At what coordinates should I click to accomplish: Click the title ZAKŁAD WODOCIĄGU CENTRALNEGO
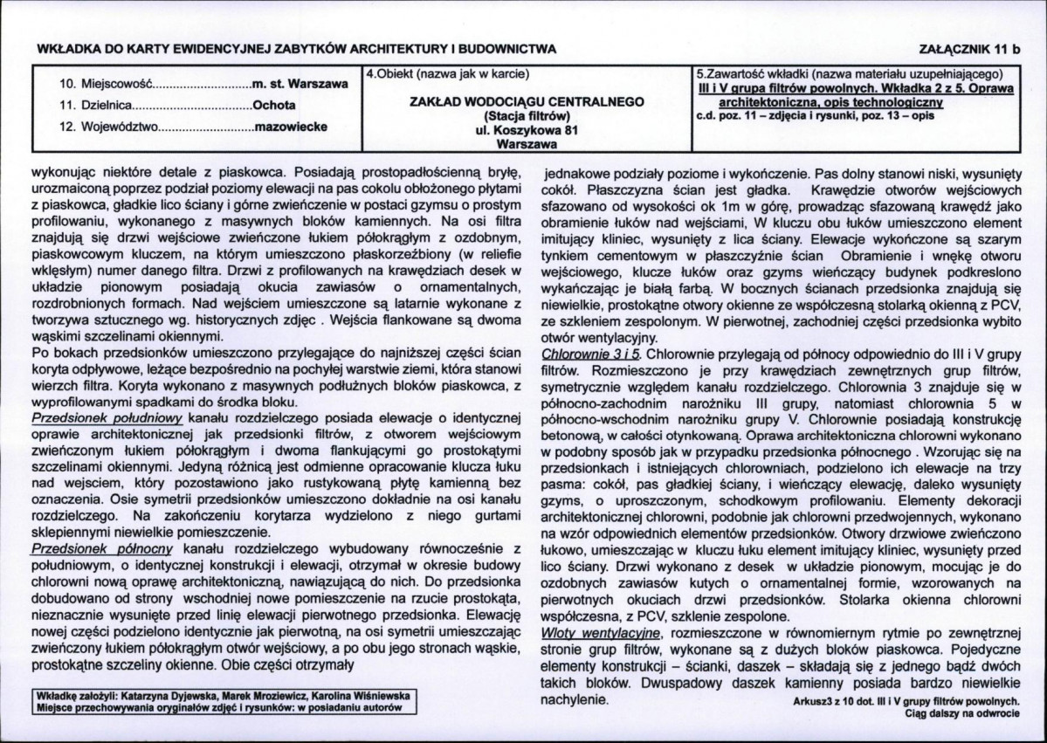(x=527, y=102)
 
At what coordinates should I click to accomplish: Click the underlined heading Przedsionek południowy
(x=106, y=418)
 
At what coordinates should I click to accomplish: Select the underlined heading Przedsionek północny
(x=102, y=548)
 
